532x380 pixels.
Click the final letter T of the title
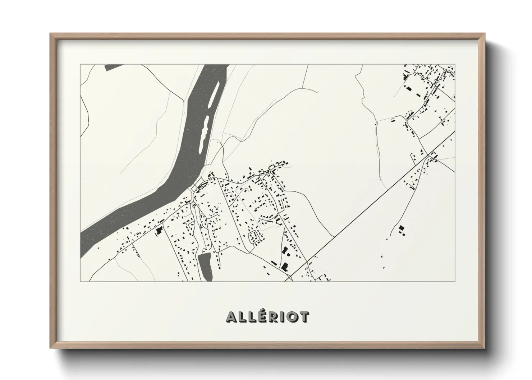[x=304, y=317]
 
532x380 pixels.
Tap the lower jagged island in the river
[x=206, y=129]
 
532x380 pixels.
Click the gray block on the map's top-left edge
[x=118, y=66]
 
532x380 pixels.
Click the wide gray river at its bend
[x=180, y=172]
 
